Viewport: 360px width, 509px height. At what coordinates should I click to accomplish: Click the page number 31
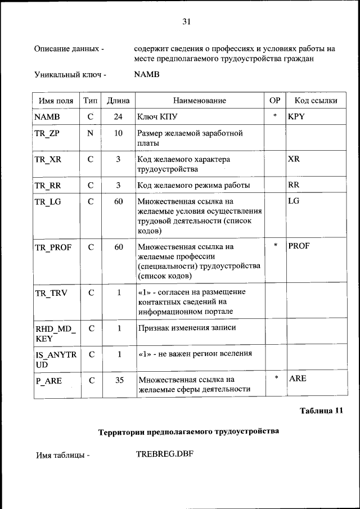pos(187,21)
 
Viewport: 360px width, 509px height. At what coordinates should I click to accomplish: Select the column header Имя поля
pos(56,101)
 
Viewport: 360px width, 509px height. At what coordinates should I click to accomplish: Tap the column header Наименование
pos(199,101)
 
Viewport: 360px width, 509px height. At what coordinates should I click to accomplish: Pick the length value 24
pos(118,117)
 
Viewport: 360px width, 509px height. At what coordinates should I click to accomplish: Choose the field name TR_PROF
pos(53,247)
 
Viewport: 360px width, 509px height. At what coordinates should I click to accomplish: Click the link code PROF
pos(299,246)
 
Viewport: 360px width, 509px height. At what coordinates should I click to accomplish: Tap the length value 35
pos(119,380)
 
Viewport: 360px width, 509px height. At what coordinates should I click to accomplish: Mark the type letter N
pos(90,134)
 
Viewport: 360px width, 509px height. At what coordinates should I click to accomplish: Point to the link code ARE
pos(298,379)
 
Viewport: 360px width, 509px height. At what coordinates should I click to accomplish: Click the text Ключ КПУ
pos(157,118)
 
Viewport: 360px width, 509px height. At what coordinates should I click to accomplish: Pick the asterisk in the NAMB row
pos(274,116)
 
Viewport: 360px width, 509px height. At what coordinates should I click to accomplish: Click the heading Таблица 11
pos(321,411)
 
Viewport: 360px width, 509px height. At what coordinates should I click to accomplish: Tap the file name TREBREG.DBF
pos(164,454)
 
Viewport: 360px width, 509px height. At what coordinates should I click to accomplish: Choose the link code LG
pos(294,201)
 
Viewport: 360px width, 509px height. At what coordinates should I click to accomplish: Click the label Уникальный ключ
pos(70,74)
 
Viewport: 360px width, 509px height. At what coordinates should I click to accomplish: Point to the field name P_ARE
pos(48,380)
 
